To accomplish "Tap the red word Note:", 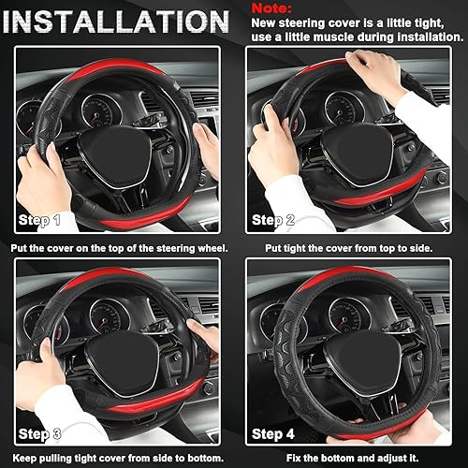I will (x=273, y=7).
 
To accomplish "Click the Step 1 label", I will (x=39, y=221).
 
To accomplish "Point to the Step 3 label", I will (x=39, y=433).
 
